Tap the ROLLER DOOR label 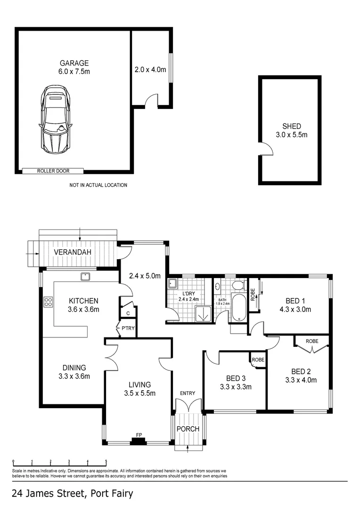pos(53,171)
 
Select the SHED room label pos(291,126)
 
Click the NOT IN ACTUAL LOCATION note pos(98,185)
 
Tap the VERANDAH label pos(72,252)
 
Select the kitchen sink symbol pos(85,277)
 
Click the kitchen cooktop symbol pos(48,302)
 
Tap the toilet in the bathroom pos(238,285)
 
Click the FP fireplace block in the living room pos(138,442)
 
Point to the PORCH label pos(188,429)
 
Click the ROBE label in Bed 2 pos(311,340)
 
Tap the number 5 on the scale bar pos(106,461)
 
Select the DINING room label pos(74,368)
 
